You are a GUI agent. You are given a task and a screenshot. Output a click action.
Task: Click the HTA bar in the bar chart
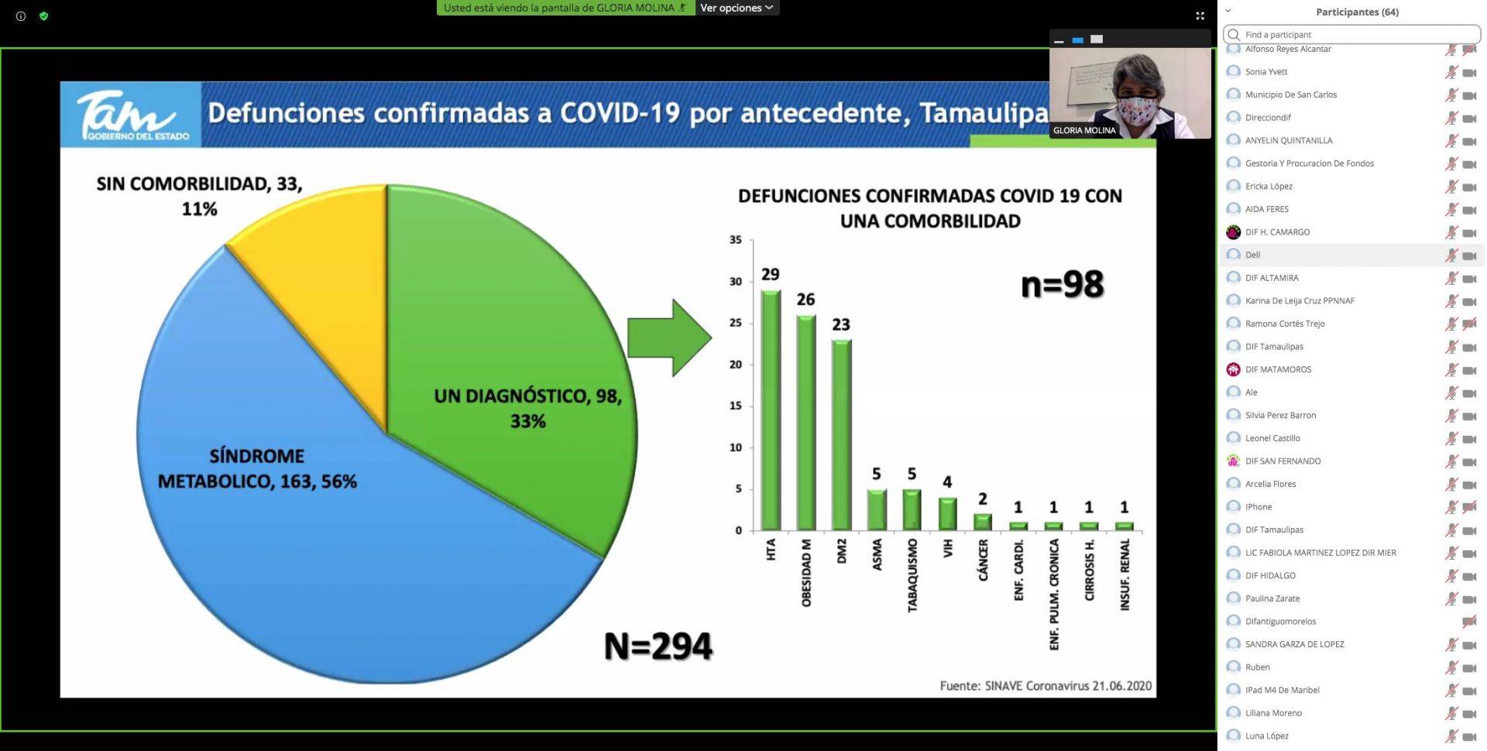[x=771, y=410]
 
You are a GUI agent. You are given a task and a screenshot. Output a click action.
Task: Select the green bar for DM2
[x=841, y=434]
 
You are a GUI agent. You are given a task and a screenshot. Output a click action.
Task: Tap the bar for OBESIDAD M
[x=805, y=422]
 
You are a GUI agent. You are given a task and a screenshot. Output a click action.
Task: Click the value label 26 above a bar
[x=805, y=300]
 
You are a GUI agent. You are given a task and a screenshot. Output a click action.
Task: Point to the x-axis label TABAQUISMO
[x=912, y=575]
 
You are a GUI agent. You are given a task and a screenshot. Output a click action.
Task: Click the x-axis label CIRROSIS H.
[x=1089, y=570]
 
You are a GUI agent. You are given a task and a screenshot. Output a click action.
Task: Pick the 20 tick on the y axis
[x=736, y=364]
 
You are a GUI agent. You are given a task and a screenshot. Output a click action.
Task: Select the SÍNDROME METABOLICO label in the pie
[x=257, y=468]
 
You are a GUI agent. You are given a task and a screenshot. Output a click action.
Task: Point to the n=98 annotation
[x=1062, y=285]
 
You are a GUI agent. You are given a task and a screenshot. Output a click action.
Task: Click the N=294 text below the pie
[x=658, y=646]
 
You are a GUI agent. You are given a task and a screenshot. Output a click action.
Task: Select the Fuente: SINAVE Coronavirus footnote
[x=1046, y=686]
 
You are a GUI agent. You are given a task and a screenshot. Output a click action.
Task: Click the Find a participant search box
[x=1351, y=34]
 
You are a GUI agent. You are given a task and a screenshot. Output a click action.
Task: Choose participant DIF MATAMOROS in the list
[x=1278, y=369]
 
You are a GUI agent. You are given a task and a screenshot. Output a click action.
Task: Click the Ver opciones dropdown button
[x=737, y=8]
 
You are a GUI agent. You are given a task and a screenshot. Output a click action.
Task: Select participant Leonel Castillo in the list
[x=1272, y=438]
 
